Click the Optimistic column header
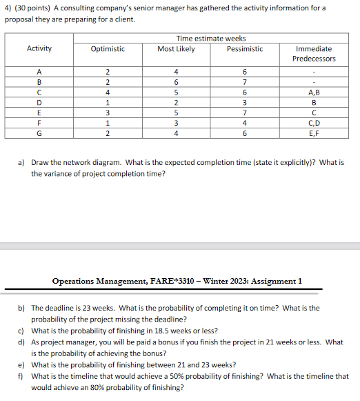[x=108, y=49]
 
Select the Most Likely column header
[x=176, y=49]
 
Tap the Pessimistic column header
[x=245, y=49]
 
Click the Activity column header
[x=39, y=49]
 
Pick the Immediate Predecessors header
[x=314, y=54]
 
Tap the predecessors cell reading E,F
[x=314, y=133]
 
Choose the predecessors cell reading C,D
[x=314, y=124]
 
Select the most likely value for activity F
[x=176, y=124]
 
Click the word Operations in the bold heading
[x=77, y=281]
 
